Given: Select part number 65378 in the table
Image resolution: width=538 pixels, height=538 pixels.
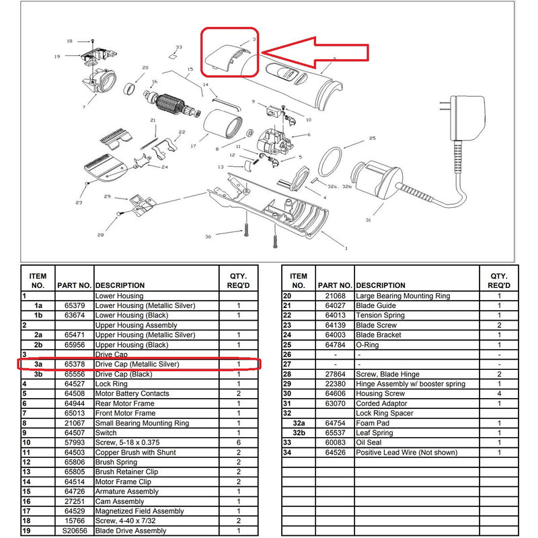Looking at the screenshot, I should click(x=74, y=364).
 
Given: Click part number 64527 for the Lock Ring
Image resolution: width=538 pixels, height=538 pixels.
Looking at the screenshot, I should click(x=74, y=384).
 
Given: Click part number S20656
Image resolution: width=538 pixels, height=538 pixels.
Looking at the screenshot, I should click(x=73, y=531).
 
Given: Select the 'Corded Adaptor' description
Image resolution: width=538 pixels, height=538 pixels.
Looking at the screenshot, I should click(x=383, y=403).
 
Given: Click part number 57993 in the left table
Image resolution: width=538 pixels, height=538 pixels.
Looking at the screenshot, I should click(x=74, y=443).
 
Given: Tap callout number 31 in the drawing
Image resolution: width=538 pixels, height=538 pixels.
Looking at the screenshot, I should click(x=368, y=220).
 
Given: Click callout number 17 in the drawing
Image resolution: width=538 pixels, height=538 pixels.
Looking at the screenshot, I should click(x=193, y=145).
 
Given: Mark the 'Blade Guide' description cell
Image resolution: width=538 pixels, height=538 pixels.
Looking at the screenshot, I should click(x=377, y=305).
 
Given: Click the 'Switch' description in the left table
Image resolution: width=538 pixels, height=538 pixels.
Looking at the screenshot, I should click(x=106, y=432).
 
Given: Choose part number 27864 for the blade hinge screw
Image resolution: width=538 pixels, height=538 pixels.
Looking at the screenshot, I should click(x=337, y=374).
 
